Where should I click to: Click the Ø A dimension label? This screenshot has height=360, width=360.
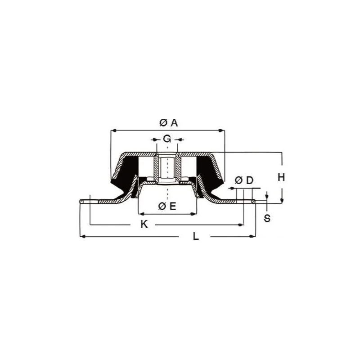[x=169, y=122]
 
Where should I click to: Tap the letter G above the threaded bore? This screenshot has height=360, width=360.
[x=167, y=139]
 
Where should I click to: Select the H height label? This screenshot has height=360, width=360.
[x=281, y=177]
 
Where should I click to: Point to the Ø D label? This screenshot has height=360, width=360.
[x=244, y=180]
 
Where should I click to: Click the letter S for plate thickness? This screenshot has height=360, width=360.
[x=267, y=219]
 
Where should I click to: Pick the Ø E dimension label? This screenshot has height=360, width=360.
[x=167, y=206]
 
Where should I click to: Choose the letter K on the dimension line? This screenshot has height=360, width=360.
[x=144, y=225]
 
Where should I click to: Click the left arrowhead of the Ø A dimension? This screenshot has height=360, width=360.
[x=113, y=130]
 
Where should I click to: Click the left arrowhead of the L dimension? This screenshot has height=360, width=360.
[x=82, y=236]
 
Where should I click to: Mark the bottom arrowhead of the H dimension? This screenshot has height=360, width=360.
[x=281, y=201]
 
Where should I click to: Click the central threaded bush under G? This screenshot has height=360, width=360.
[x=167, y=169]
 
